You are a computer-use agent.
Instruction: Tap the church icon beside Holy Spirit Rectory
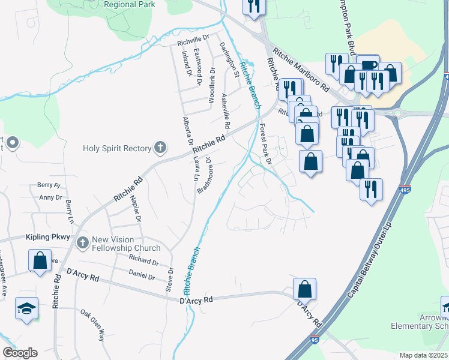click(x=160, y=146)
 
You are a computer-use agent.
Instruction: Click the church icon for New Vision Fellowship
click(x=82, y=242)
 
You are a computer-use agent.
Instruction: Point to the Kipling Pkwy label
click(x=48, y=238)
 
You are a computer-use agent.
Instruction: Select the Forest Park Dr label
click(x=265, y=145)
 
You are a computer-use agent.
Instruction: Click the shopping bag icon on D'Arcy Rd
click(x=305, y=289)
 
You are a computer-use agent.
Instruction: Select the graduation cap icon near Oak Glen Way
click(x=26, y=308)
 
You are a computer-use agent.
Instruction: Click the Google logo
click(x=19, y=353)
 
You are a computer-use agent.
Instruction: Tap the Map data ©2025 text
click(x=423, y=355)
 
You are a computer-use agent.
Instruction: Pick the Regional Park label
click(x=129, y=4)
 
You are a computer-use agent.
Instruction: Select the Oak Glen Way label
click(x=93, y=325)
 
